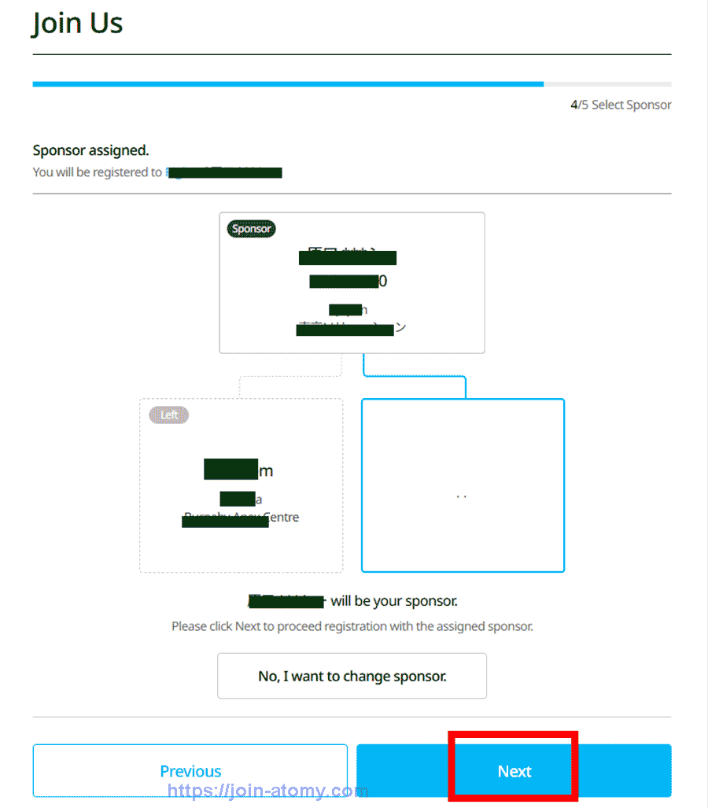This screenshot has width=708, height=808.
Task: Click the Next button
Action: point(514,771)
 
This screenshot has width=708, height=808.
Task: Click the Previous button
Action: point(190,771)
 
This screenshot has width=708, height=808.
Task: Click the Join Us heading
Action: point(78,24)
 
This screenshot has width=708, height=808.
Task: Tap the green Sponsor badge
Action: point(252,229)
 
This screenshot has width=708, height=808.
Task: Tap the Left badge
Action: point(169,415)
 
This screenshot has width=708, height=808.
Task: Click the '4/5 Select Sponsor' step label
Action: point(621,105)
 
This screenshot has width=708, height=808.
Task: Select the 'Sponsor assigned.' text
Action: point(90,150)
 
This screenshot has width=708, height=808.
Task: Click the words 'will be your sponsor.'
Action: point(393,601)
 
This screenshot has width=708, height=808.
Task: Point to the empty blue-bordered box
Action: point(463,485)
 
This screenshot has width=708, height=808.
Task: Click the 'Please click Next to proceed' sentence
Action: point(352,627)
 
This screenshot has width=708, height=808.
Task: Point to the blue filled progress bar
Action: point(287,83)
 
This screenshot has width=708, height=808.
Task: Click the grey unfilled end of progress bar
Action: point(607,83)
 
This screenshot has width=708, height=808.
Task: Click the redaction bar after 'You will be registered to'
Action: point(225,172)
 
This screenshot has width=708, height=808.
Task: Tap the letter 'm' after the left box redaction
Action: point(266,470)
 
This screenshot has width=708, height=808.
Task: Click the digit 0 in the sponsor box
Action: point(383,281)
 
